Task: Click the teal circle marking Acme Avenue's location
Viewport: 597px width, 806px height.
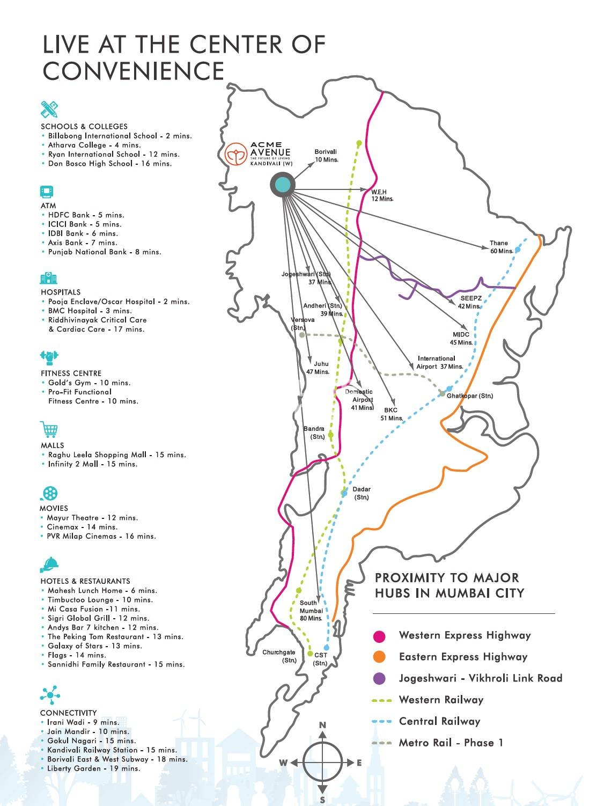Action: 283,185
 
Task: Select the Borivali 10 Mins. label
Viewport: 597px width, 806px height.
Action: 326,156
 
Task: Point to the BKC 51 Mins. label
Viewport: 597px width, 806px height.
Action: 392,414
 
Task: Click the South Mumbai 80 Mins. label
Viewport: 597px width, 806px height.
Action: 311,611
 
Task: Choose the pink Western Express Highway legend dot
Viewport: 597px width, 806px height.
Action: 379,636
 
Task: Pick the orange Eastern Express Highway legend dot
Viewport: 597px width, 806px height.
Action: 379,657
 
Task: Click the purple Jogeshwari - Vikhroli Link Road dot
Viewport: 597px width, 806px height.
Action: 379,678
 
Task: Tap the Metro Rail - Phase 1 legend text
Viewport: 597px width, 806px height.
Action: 451,743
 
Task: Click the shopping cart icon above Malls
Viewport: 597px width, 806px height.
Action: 49,429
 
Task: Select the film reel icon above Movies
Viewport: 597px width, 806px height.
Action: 49,493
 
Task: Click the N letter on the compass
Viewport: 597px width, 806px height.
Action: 322,726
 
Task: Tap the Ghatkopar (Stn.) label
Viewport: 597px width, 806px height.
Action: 469,396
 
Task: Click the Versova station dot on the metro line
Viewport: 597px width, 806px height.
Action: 302,335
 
